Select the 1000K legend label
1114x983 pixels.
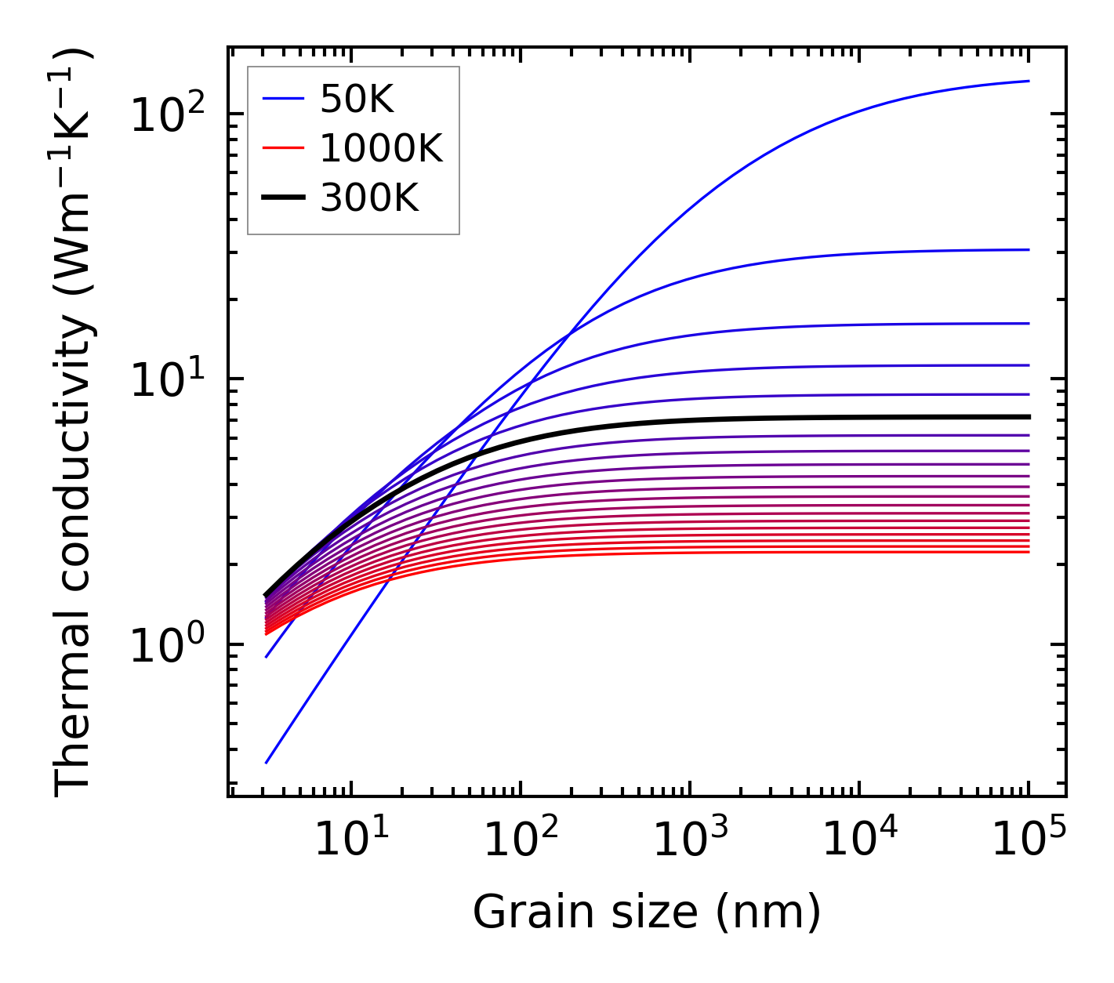point(381,149)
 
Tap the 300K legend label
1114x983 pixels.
point(369,199)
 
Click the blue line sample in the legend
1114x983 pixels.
point(282,99)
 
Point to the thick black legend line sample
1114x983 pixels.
point(282,199)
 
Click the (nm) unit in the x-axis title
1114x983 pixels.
point(768,913)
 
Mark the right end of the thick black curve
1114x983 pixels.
point(1028,417)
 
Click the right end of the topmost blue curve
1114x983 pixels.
point(1028,81)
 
